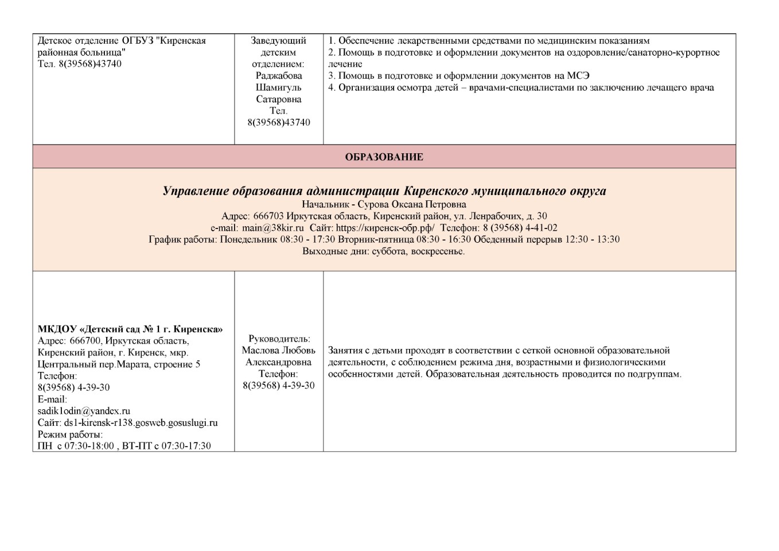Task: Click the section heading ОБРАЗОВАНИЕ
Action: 384,157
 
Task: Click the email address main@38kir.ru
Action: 272,228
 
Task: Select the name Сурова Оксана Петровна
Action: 429,204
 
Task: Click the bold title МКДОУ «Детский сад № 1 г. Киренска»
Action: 130,329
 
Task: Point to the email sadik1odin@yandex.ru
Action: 84,411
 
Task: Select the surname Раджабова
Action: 279,76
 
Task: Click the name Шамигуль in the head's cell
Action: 279,87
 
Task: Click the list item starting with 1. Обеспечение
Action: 489,41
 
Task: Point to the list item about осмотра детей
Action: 521,88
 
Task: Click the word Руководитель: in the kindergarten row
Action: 279,339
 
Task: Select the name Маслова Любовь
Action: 279,351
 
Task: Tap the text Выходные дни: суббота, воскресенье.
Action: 384,251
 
